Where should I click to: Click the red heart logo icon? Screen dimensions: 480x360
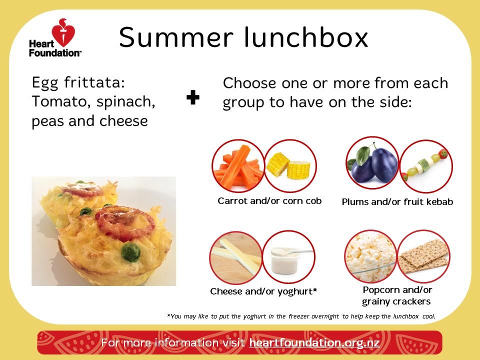(x=63, y=33)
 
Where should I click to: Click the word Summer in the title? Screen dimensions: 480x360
(x=176, y=37)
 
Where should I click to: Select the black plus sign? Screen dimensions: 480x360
(x=193, y=97)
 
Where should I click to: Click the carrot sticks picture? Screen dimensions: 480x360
(x=238, y=166)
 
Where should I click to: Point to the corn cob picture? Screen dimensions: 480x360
(x=290, y=166)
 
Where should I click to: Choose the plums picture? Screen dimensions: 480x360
(x=372, y=163)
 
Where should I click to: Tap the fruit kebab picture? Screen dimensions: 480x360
(x=426, y=166)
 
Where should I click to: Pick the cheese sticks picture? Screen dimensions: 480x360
(x=236, y=257)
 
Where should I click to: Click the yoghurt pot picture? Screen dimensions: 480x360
(x=288, y=257)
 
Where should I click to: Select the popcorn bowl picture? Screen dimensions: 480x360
(x=371, y=256)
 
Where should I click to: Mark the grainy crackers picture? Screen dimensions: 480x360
(x=423, y=256)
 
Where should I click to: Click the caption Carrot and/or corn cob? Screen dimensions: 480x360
(x=269, y=201)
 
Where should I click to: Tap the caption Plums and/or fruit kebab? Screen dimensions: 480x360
(x=397, y=201)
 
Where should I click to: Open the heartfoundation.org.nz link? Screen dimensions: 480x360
(x=314, y=342)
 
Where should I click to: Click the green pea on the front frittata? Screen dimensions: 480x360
(x=130, y=251)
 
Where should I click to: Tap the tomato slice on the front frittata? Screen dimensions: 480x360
(x=125, y=222)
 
